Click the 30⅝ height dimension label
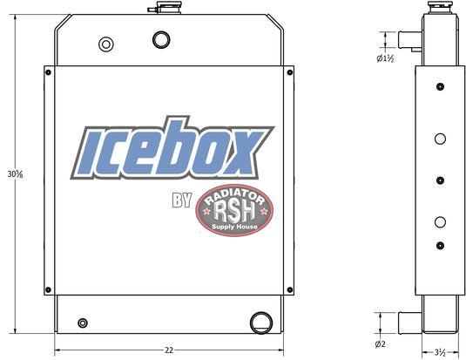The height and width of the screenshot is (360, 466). (x=15, y=173)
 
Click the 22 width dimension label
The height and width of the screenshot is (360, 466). (x=169, y=350)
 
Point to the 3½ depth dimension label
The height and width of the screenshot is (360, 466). (x=440, y=353)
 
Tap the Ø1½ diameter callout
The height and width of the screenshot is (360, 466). (x=385, y=58)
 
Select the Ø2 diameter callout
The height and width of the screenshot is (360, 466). (x=380, y=344)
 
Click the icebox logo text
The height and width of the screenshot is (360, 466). (x=172, y=148)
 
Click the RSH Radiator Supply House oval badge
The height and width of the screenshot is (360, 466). (x=234, y=210)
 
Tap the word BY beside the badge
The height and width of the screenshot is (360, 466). (x=182, y=200)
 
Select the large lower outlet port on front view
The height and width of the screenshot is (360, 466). (x=261, y=323)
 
